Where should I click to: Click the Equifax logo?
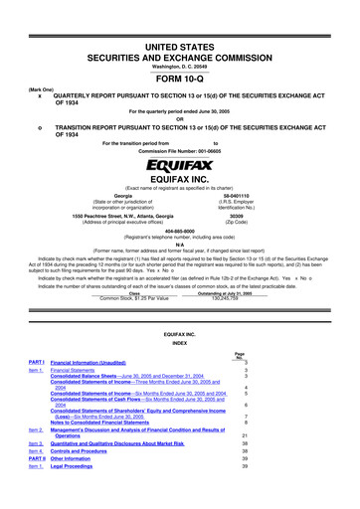[179, 163]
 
